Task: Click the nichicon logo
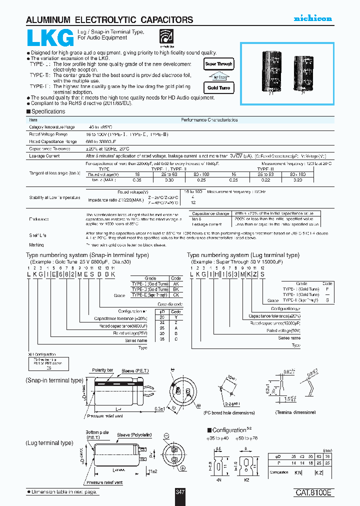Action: pos(312,18)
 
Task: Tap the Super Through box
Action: pos(219,64)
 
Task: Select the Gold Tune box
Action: pos(219,87)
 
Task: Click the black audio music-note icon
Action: pos(164,36)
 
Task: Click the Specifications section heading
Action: pos(47,111)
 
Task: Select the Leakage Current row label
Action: pos(44,156)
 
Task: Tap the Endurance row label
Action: pos(38,218)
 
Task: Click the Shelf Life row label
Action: pos(38,233)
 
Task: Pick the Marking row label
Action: pos(36,245)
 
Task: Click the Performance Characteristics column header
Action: pos(209,120)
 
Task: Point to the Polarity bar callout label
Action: pos(102,370)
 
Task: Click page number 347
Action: pos(180,492)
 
